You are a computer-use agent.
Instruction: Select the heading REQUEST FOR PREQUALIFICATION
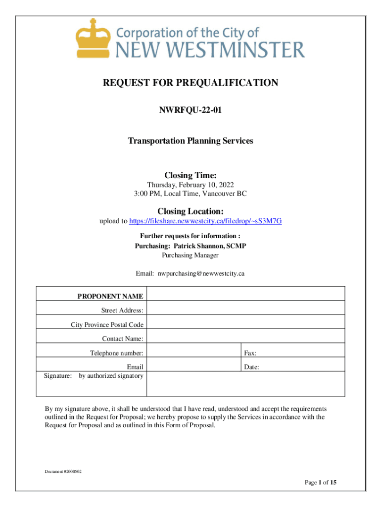[190, 83]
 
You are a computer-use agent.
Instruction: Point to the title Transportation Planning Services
[190, 141]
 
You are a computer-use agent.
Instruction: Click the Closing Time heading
[190, 175]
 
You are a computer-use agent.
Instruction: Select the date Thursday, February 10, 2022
[190, 185]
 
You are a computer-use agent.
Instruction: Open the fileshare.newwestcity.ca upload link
[205, 221]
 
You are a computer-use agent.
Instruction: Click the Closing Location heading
[190, 211]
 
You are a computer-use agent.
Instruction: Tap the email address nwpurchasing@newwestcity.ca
[201, 273]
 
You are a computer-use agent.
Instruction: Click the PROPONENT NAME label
[110, 296]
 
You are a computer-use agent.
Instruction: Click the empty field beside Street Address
[245, 310]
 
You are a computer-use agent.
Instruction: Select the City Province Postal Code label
[107, 325]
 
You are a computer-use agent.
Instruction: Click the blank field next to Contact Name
[245, 339]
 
